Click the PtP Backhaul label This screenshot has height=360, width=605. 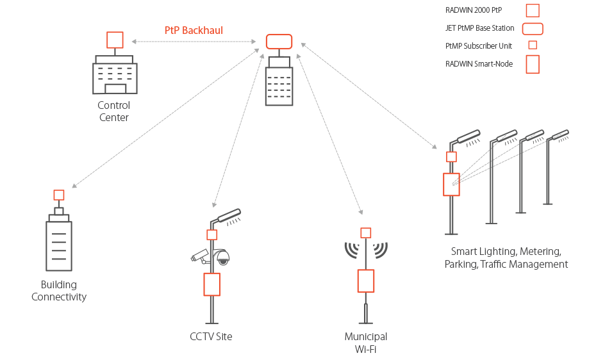click(x=194, y=31)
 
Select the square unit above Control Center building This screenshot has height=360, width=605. click(x=115, y=40)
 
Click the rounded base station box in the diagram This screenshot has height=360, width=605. click(x=279, y=42)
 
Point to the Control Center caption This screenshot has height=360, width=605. click(x=114, y=111)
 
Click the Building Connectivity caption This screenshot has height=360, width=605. click(x=59, y=291)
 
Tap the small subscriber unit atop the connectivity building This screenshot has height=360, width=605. click(x=59, y=195)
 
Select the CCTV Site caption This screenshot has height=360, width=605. click(x=211, y=336)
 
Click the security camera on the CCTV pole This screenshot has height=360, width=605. click(x=200, y=256)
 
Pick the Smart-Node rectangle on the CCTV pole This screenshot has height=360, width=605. click(x=212, y=284)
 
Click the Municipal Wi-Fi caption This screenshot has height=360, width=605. click(x=366, y=343)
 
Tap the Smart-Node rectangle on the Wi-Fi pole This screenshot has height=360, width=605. click(x=366, y=281)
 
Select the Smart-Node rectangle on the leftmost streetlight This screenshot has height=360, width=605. click(x=452, y=184)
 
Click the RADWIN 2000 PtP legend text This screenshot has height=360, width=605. click(x=474, y=10)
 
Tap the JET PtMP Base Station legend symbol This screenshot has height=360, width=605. click(x=533, y=29)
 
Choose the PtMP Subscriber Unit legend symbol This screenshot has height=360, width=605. click(x=533, y=45)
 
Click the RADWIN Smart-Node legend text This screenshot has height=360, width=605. click(x=479, y=64)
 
